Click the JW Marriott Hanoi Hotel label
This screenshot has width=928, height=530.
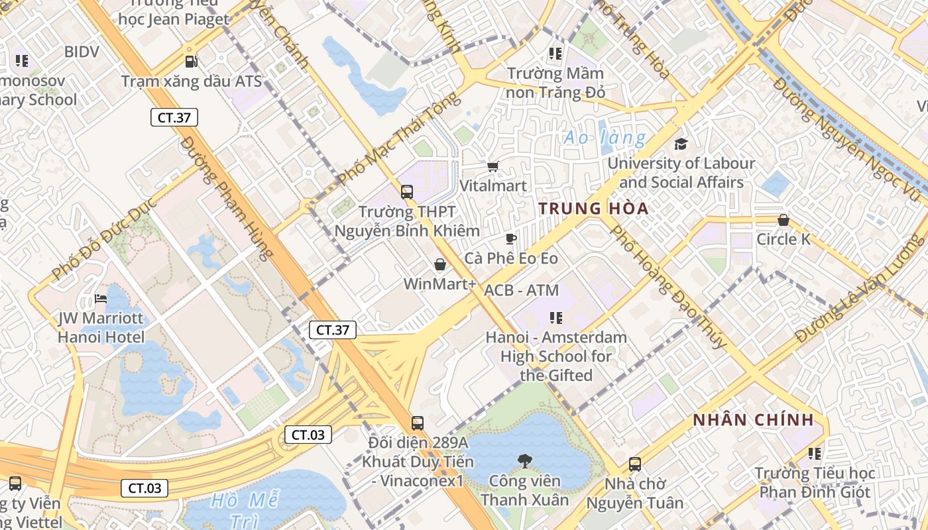[101, 327]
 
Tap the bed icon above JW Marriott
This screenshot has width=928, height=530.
[101, 299]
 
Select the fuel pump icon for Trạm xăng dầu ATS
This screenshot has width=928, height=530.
[191, 62]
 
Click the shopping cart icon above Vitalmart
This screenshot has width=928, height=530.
[493, 166]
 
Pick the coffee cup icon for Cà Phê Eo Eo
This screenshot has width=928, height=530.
[510, 238]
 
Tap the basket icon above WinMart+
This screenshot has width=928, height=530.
[439, 265]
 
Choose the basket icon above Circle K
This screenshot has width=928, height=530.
[783, 220]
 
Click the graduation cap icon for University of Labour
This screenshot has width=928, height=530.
[681, 144]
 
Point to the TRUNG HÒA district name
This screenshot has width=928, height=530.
[593, 209]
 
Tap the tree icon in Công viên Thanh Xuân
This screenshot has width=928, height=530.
[524, 460]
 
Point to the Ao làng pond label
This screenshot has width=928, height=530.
[604, 138]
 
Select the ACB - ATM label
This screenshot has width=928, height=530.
[521, 290]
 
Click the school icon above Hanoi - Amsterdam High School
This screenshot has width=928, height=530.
[555, 318]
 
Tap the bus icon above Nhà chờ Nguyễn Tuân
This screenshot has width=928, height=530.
[634, 464]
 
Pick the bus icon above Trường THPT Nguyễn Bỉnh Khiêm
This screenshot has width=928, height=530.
[407, 192]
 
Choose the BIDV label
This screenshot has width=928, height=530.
[82, 52]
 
